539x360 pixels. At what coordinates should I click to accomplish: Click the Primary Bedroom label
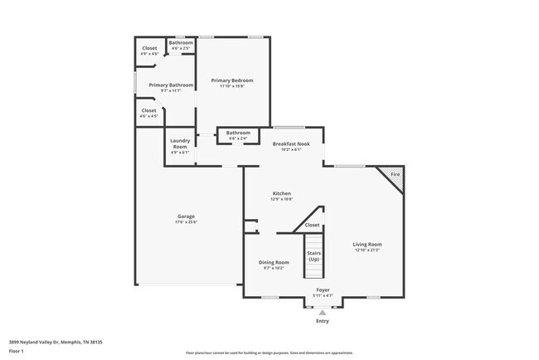click(231, 80)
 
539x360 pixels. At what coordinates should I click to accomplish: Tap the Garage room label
click(186, 217)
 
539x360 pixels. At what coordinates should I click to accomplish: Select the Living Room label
click(367, 245)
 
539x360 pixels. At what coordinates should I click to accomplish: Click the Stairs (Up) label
click(313, 255)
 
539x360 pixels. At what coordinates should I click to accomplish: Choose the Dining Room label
click(274, 262)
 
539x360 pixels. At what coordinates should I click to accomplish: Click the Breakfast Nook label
click(291, 144)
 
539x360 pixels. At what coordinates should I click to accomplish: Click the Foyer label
click(323, 289)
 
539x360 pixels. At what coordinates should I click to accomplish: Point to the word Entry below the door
click(323, 321)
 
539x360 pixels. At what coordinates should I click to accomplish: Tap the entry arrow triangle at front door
click(323, 312)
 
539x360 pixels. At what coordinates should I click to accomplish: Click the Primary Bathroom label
click(171, 85)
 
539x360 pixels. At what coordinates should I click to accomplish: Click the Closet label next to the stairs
click(312, 225)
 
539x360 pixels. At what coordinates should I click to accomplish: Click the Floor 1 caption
click(17, 352)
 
